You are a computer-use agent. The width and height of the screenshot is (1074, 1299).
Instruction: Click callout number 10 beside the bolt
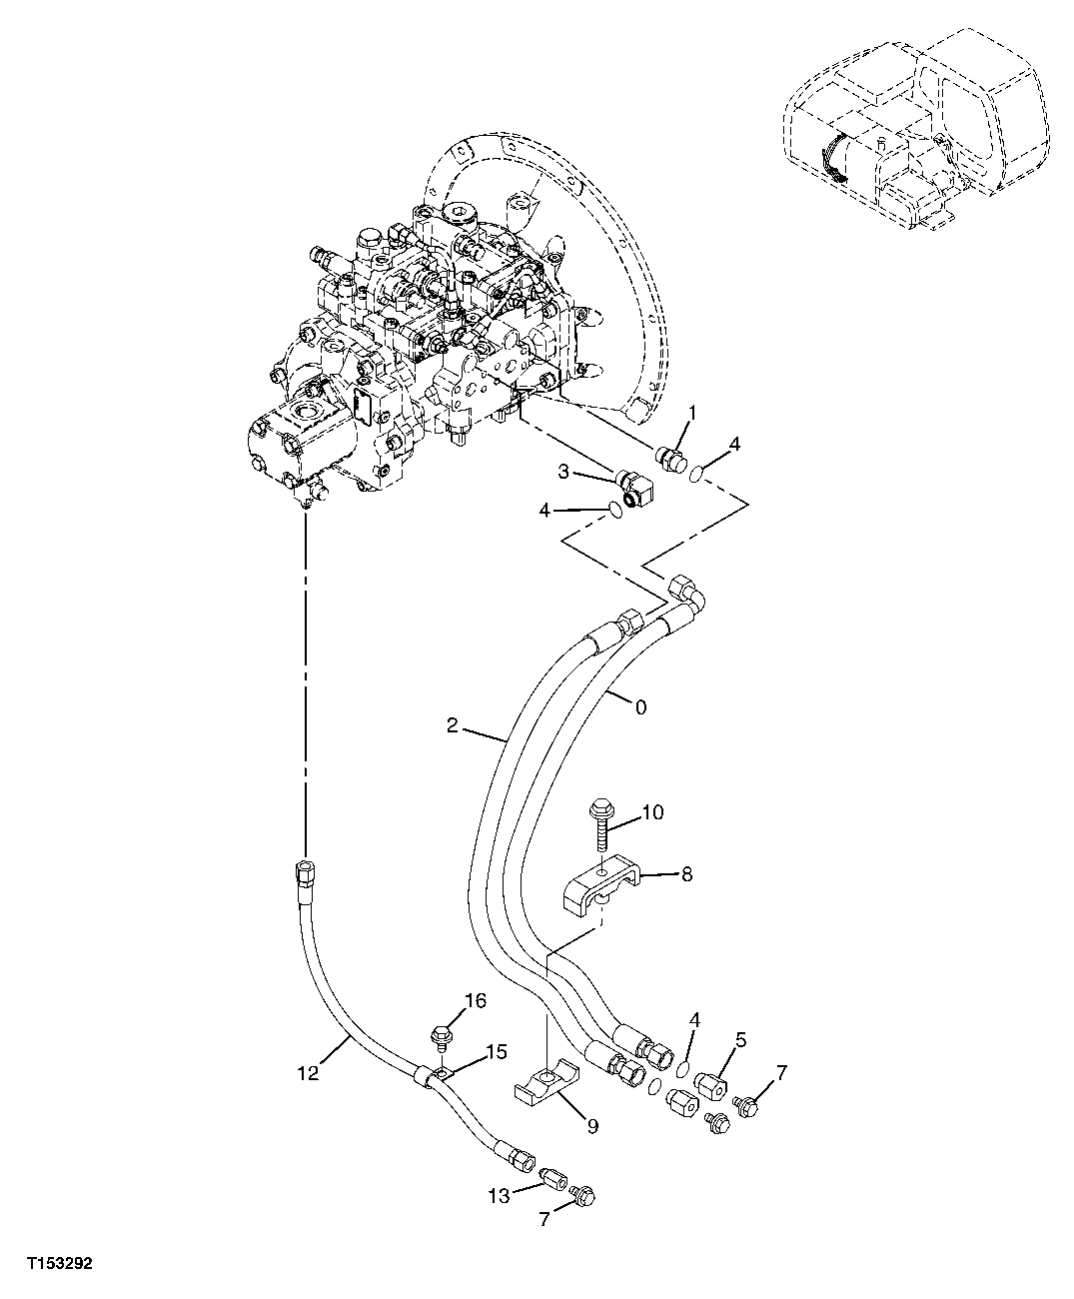tap(651, 812)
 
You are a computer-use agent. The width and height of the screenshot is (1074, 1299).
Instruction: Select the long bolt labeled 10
tap(602, 826)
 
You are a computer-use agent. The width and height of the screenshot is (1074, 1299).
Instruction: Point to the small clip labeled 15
tap(436, 1076)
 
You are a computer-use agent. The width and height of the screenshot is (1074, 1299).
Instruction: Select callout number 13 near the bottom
tap(499, 1195)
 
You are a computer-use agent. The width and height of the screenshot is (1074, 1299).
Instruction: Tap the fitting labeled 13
tap(554, 1176)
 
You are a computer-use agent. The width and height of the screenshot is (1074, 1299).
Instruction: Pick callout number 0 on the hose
tap(640, 707)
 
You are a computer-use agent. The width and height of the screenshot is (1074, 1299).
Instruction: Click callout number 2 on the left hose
tap(453, 725)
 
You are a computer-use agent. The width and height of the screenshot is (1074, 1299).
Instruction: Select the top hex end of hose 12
tap(303, 870)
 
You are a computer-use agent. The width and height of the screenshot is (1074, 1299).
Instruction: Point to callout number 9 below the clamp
tap(591, 1126)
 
